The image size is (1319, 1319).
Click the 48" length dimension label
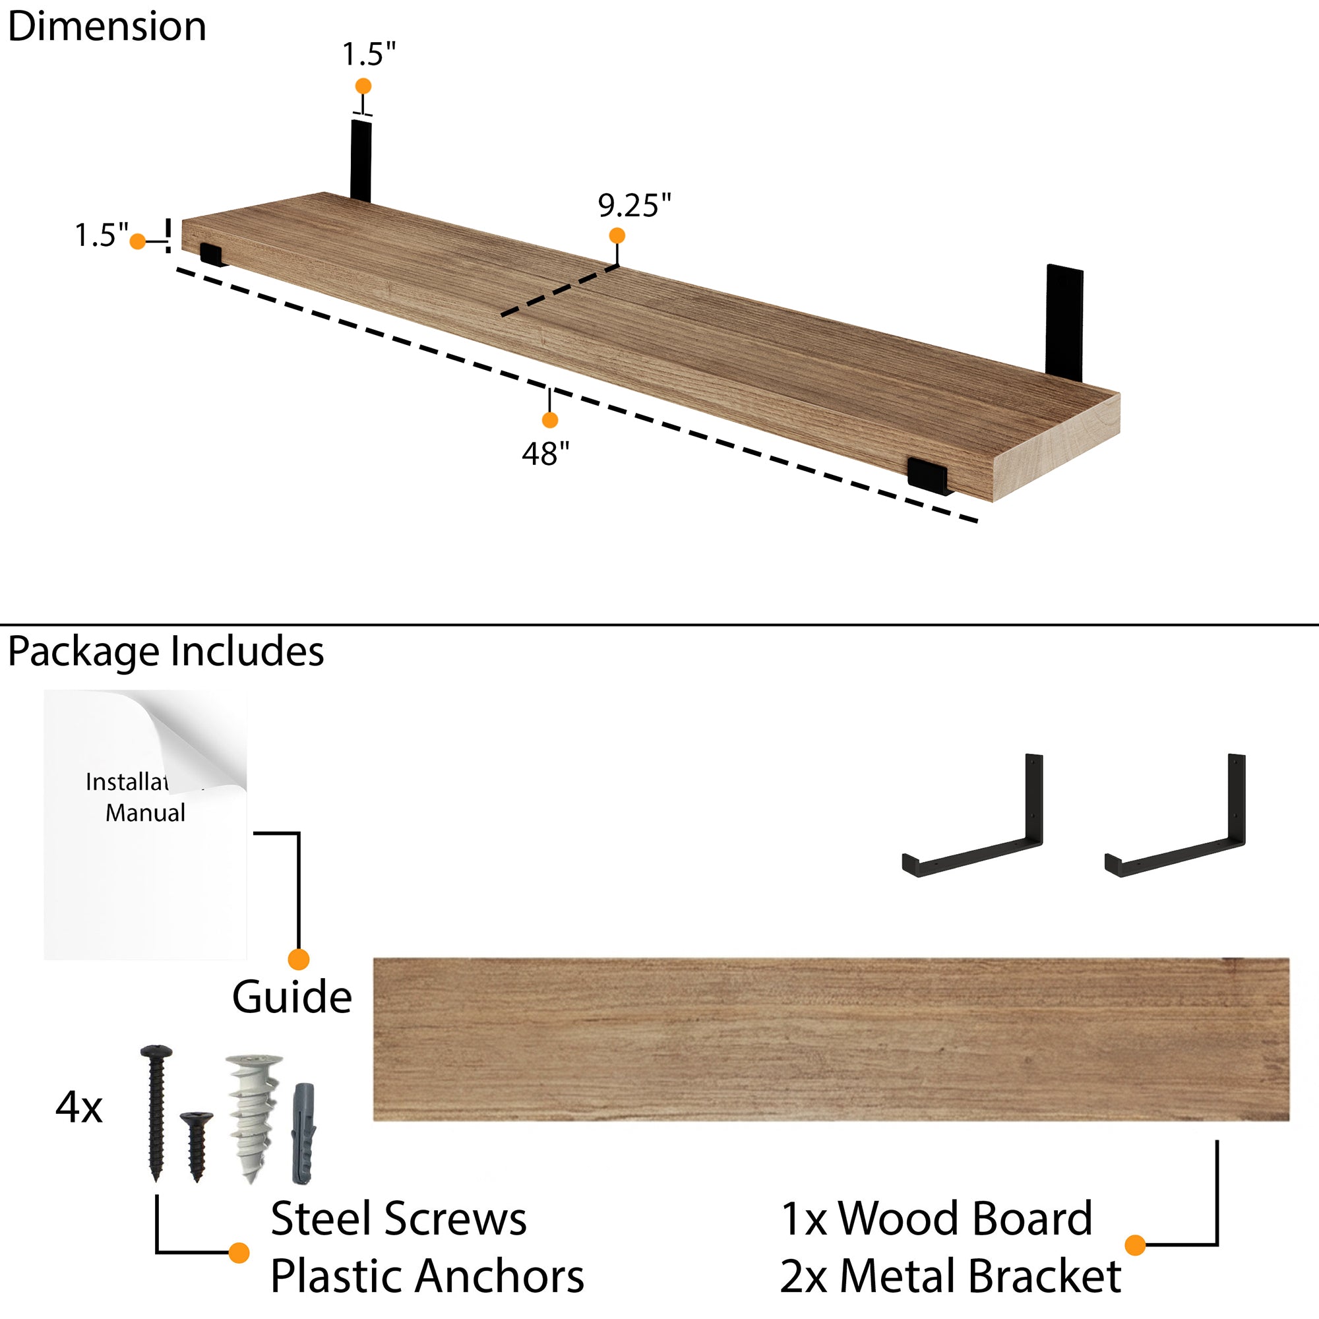[x=545, y=453]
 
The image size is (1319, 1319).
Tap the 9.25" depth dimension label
[x=634, y=206]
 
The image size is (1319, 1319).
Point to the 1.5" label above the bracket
[x=369, y=55]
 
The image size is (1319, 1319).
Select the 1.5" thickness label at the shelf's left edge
[x=101, y=235]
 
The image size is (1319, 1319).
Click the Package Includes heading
[x=166, y=652]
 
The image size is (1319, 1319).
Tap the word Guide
[x=291, y=997]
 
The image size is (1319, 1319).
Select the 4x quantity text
[x=78, y=1107]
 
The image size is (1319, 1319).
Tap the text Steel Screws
[x=398, y=1219]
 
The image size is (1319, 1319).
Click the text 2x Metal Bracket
[x=950, y=1276]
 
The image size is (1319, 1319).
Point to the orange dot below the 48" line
[x=549, y=420]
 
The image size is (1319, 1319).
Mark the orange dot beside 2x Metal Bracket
[x=1134, y=1245]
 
